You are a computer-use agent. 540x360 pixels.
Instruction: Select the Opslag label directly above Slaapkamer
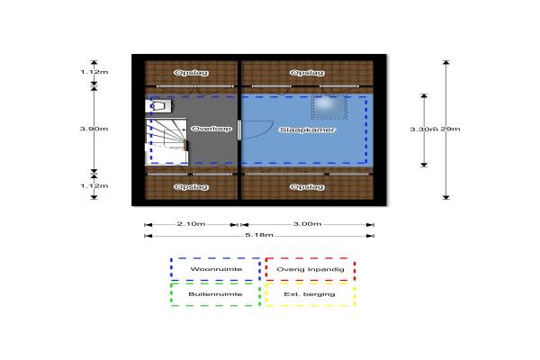308,74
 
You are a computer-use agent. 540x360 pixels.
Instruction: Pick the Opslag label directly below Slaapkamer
308,186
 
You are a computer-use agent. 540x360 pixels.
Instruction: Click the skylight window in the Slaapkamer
329,106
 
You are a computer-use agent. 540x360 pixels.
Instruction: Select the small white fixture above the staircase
159,105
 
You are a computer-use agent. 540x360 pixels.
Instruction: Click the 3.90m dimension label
94,130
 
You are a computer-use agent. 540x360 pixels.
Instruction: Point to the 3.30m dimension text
423,130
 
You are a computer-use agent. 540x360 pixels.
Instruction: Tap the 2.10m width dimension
192,223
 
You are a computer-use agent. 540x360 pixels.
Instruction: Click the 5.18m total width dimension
259,236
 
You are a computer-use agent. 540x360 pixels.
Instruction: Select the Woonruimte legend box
215,270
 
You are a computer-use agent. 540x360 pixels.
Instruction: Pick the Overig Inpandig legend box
310,270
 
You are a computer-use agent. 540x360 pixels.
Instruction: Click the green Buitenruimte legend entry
215,294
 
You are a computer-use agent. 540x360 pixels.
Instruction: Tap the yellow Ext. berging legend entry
310,294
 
